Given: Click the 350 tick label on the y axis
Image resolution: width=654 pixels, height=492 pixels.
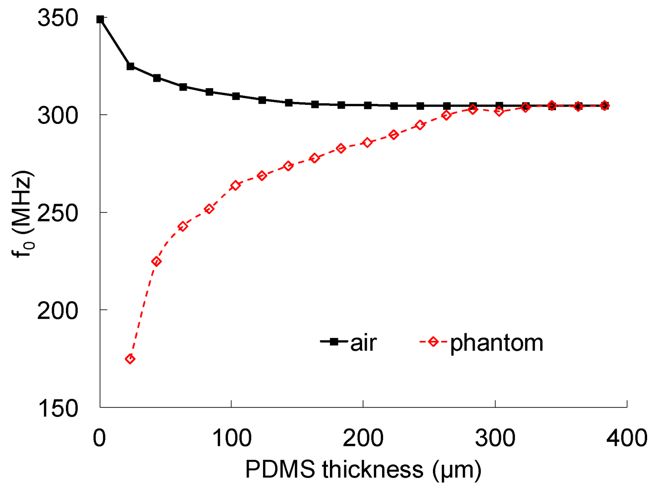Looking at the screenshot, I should pos(58,19).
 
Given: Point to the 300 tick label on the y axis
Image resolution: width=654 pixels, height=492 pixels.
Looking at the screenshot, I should pos(58,115).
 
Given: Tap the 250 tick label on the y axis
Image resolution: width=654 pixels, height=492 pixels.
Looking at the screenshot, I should pos(58,213).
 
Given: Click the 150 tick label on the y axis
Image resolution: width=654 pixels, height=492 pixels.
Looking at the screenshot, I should pos(58,408).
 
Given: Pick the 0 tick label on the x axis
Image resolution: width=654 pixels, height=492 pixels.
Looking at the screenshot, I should pos(99,437).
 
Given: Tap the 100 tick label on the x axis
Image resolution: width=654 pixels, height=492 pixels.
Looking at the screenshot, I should pos(231,437).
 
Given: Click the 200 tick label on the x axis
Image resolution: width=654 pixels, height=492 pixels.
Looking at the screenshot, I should pos(363,437).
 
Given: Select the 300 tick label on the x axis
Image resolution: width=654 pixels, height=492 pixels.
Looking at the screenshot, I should pos(495,437).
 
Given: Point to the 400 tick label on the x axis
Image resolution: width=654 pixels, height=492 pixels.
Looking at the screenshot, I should pos(626,437).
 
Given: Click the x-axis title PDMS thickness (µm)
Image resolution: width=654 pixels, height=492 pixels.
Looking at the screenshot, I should pos(363,469).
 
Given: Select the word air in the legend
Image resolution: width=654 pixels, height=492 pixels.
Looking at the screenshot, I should pos(363,343).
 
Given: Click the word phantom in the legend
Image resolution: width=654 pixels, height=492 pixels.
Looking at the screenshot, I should pos(496,343).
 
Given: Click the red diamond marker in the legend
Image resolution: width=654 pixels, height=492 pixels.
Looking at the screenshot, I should pos(433,341).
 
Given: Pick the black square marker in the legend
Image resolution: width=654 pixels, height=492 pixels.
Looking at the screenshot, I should pos(334,341).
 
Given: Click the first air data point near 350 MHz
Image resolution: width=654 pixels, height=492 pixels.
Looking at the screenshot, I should pos(100,19).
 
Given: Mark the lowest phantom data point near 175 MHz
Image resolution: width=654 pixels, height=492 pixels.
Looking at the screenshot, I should pos(130,359).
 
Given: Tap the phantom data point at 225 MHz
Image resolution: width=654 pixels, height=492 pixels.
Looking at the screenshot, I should pos(157,261).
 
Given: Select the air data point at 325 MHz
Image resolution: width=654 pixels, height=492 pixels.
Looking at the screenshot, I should pos(131,66).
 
